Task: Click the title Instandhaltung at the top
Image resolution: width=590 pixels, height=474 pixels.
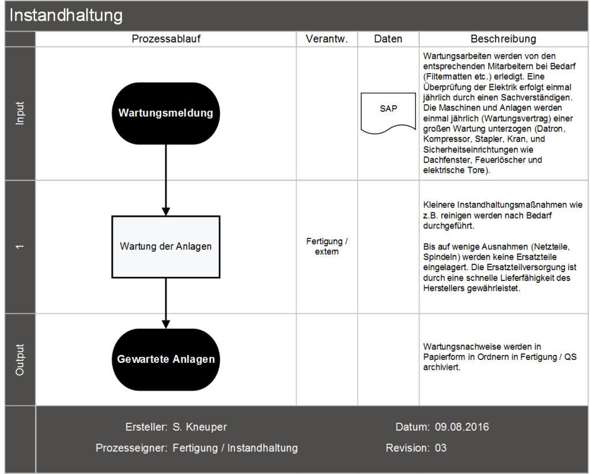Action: click(66, 16)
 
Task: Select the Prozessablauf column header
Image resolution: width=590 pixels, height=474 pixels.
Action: click(166, 39)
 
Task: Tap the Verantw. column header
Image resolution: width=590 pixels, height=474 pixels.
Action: click(327, 39)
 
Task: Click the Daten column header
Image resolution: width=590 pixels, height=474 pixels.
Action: click(388, 39)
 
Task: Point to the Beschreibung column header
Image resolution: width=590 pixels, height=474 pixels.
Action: click(503, 39)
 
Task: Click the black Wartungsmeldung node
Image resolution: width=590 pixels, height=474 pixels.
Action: click(166, 113)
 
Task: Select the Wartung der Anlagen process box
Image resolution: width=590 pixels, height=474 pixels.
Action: click(166, 247)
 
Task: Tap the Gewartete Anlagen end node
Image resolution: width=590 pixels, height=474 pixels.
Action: click(166, 359)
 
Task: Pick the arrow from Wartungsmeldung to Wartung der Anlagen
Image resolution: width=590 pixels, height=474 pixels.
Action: click(166, 179)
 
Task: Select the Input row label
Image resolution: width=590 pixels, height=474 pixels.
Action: click(20, 113)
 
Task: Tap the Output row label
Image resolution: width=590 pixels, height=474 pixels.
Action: click(20, 359)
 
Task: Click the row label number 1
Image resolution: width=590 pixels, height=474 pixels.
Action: click(20, 247)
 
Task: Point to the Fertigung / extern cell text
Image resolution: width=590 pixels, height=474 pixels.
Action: click(327, 247)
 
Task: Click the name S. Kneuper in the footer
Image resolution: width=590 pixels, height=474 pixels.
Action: click(200, 427)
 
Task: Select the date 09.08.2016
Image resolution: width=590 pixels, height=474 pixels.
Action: click(462, 427)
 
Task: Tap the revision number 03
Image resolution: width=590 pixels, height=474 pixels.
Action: click(441, 448)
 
